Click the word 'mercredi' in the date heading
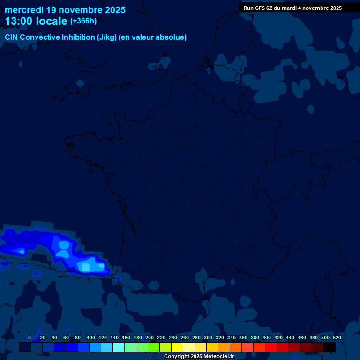click(x=24, y=10)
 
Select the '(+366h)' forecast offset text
click(x=83, y=21)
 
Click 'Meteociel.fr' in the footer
click(x=219, y=357)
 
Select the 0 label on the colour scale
click(x=30, y=337)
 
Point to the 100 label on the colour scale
click(x=91, y=337)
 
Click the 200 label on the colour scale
click(x=150, y=337)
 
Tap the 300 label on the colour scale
click(x=208, y=337)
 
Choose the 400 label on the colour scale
click(x=267, y=337)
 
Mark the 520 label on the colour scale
click(x=337, y=337)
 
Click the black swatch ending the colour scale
click(x=330, y=347)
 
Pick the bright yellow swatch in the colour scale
click(x=177, y=347)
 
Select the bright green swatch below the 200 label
click(x=154, y=347)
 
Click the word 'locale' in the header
click(x=52, y=21)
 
